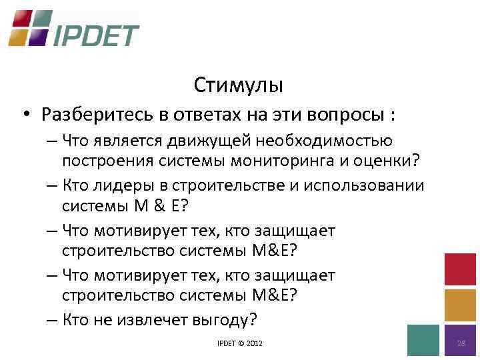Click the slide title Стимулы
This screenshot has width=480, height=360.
[x=239, y=85]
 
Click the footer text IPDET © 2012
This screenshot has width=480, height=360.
[x=240, y=343]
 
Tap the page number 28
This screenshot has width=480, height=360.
[x=460, y=343]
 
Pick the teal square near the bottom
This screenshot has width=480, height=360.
[x=423, y=340]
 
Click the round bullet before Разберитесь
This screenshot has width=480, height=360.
[x=23, y=115]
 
